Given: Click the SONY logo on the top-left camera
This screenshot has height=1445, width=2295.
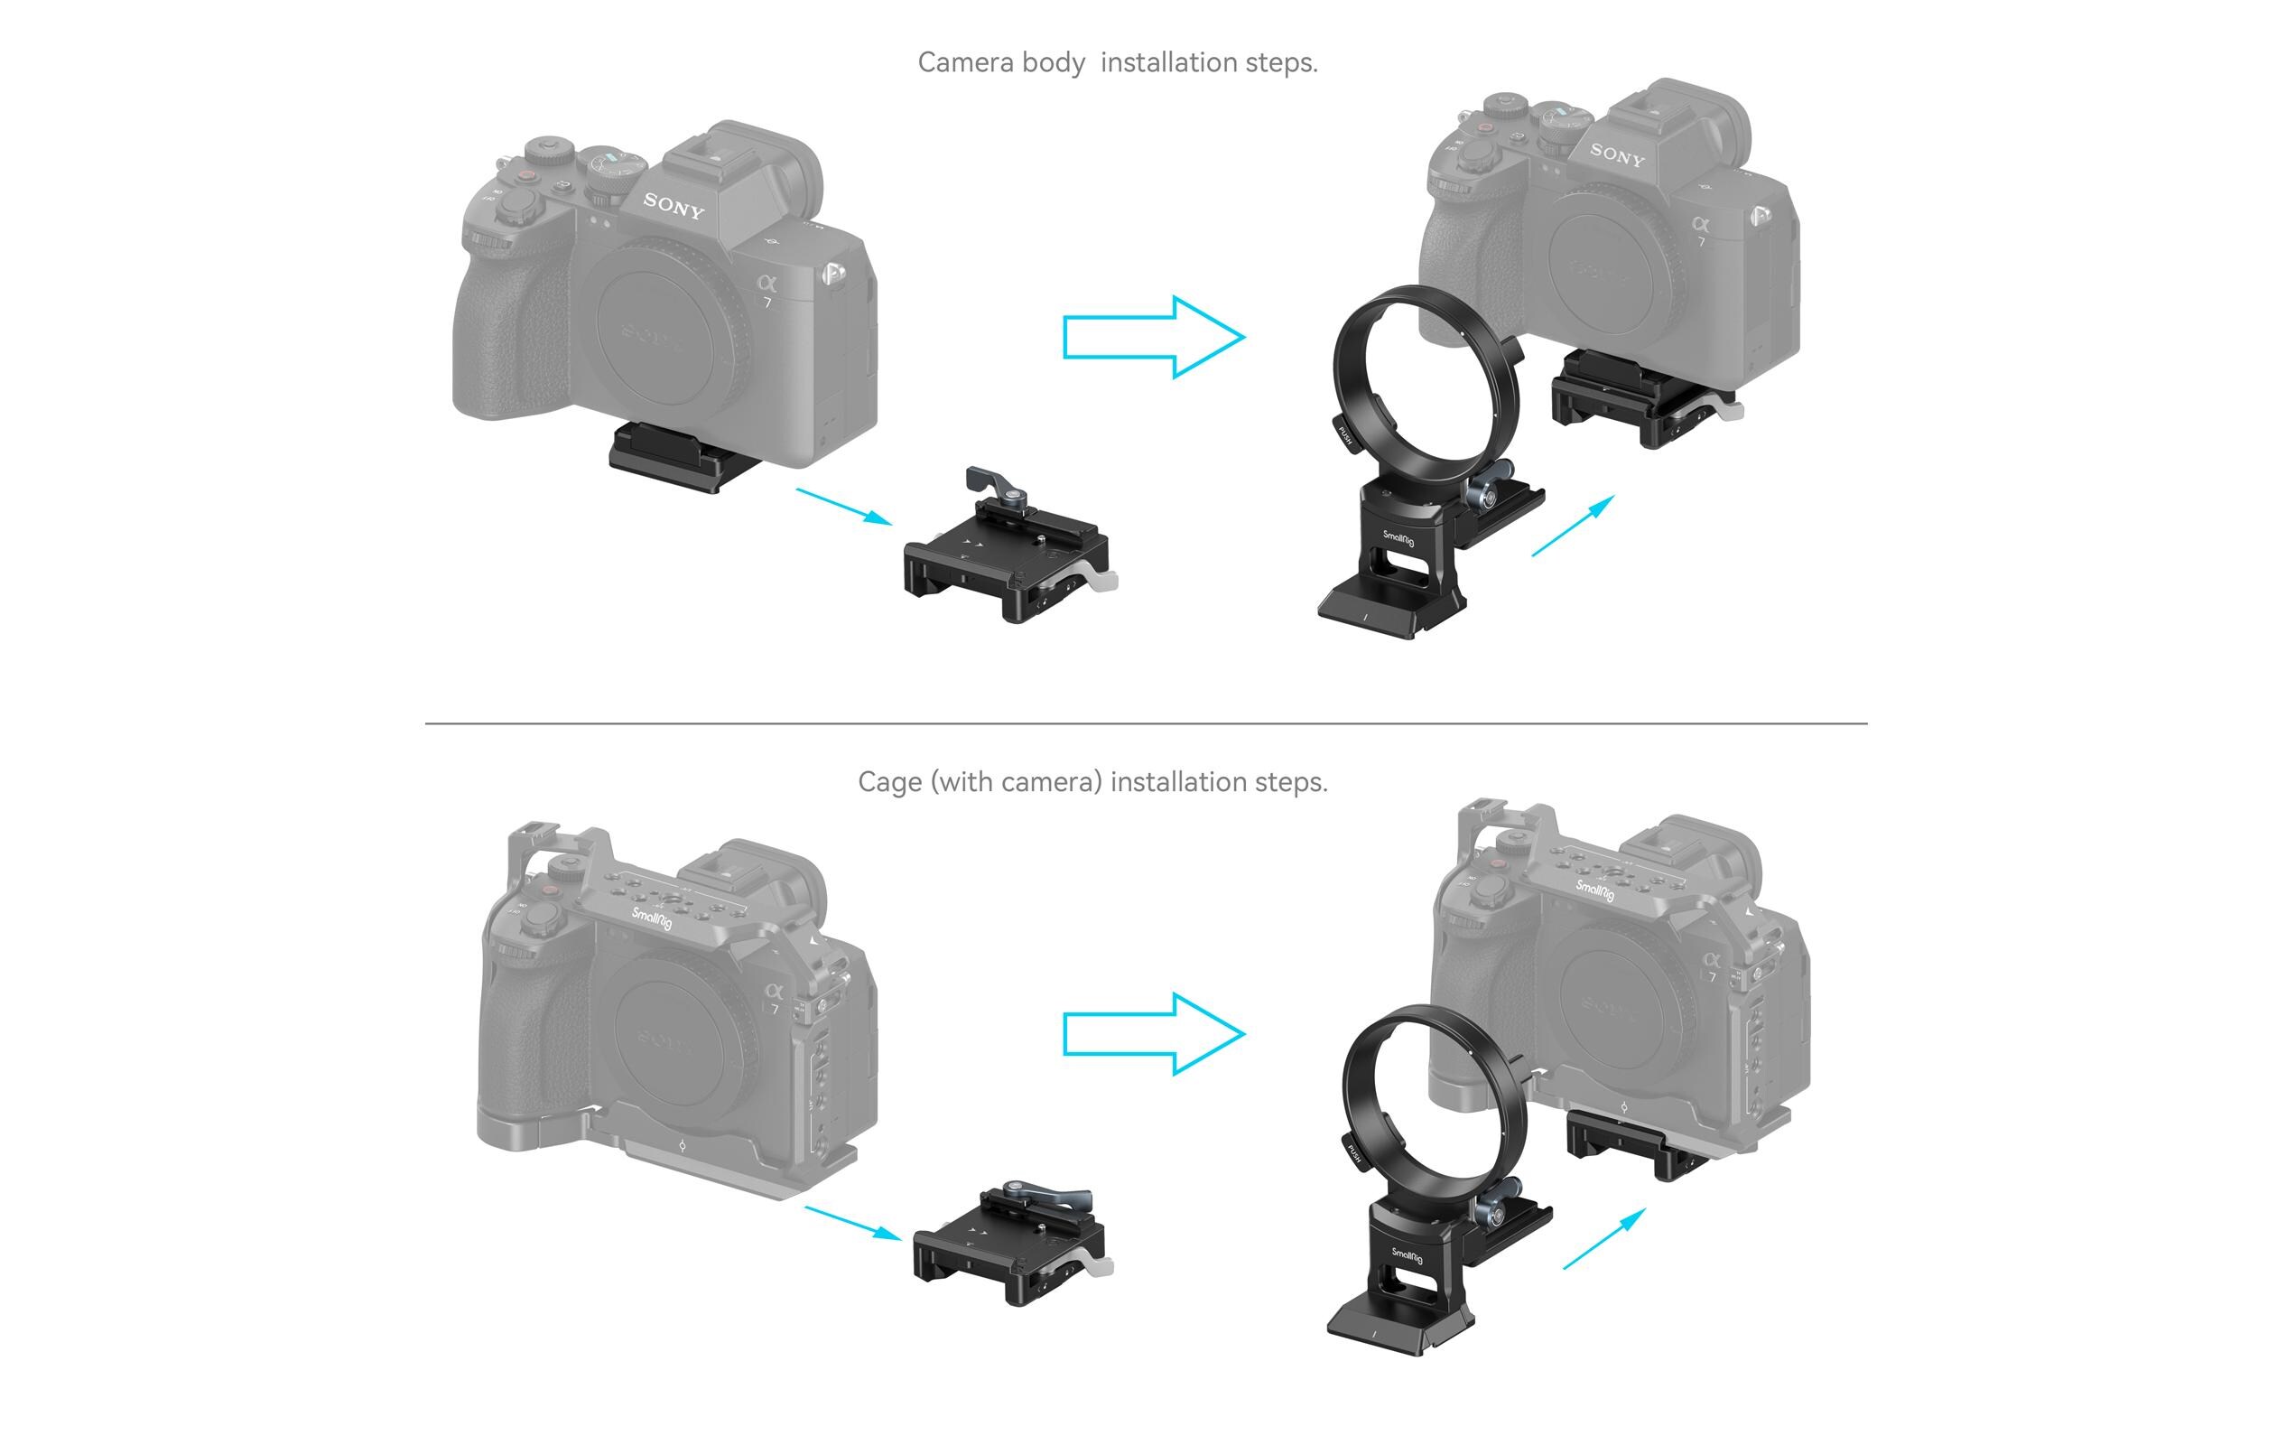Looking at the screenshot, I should [x=674, y=205].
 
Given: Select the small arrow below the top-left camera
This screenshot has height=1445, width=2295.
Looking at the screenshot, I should [x=843, y=506].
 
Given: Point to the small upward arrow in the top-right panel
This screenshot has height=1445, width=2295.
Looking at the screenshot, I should [x=1574, y=526].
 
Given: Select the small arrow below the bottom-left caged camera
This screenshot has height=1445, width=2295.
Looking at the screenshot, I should [x=853, y=1223].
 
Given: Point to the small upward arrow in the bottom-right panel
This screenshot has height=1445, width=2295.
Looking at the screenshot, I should [x=1605, y=1238].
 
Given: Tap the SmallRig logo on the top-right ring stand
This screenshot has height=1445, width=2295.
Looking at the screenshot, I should [x=1399, y=539].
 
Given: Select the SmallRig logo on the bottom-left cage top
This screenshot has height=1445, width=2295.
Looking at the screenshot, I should [x=652, y=918].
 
